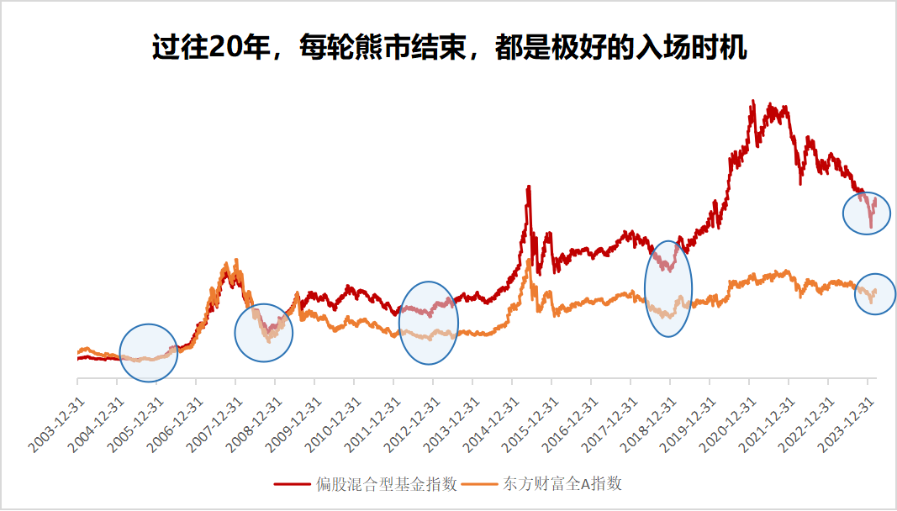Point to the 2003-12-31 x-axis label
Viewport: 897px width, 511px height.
pos(55,425)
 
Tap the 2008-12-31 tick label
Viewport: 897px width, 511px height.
pos(253,425)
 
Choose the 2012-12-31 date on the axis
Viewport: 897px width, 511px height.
pos(411,425)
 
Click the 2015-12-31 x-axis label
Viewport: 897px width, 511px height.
pos(530,425)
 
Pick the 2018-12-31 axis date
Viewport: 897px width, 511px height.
pos(648,425)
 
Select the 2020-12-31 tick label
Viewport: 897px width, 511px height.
pos(727,425)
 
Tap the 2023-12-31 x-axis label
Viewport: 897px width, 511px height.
pos(846,425)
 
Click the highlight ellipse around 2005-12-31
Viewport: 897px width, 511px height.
pos(149,353)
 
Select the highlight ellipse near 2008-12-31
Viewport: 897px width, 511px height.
pos(263,333)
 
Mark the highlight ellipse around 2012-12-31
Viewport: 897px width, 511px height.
pos(429,323)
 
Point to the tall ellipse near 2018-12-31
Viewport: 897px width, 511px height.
pos(668,287)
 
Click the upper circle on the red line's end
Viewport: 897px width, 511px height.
pos(867,212)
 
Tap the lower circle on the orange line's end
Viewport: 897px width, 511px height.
pos(875,294)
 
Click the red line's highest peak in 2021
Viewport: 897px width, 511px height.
pos(750,102)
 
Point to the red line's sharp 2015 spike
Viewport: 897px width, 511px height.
pos(528,187)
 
